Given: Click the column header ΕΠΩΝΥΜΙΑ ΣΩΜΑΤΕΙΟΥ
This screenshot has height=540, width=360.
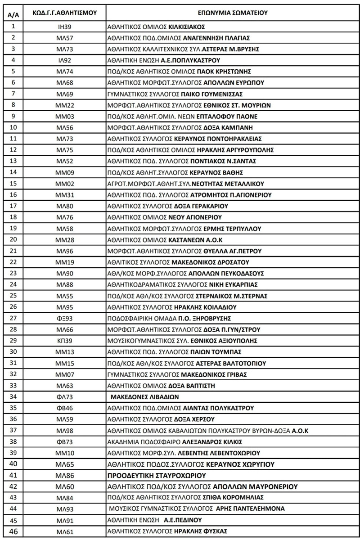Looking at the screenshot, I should (232, 13).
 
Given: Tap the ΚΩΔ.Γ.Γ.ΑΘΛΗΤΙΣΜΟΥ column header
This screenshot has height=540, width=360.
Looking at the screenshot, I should (65, 13).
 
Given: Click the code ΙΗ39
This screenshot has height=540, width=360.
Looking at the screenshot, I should (65, 27).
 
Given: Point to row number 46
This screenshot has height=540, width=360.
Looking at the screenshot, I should (13, 531).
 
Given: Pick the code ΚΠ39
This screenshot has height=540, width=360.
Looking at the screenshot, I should (65, 341).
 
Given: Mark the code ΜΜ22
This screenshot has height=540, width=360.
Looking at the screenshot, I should (65, 105).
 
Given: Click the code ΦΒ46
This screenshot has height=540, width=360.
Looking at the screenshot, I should (65, 408).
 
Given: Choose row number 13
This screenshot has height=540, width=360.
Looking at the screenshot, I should (13, 161).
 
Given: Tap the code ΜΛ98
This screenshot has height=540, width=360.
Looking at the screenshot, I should (65, 431).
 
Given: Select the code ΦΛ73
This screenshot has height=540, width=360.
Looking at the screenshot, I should (65, 397).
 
